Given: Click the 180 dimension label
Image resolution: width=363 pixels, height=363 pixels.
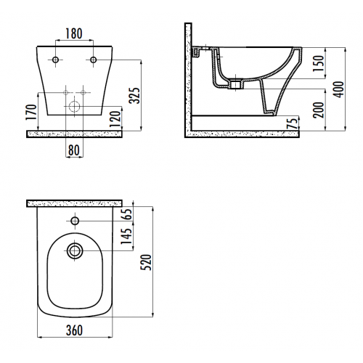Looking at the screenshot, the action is pyautogui.click(x=74, y=33).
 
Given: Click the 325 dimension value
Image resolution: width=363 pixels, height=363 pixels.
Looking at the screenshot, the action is pyautogui.click(x=134, y=96).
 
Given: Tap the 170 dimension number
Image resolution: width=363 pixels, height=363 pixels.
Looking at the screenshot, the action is pyautogui.click(x=31, y=112).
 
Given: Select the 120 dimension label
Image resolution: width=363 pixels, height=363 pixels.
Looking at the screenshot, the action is pyautogui.click(x=115, y=119).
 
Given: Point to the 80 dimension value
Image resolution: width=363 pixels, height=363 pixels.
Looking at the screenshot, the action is pyautogui.click(x=74, y=150).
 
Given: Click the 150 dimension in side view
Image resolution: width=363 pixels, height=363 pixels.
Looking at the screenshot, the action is pyautogui.click(x=319, y=63).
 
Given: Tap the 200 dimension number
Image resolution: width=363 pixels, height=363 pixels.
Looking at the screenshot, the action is pyautogui.click(x=319, y=110).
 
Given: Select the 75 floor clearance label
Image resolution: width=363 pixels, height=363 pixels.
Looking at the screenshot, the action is pyautogui.click(x=293, y=123).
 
